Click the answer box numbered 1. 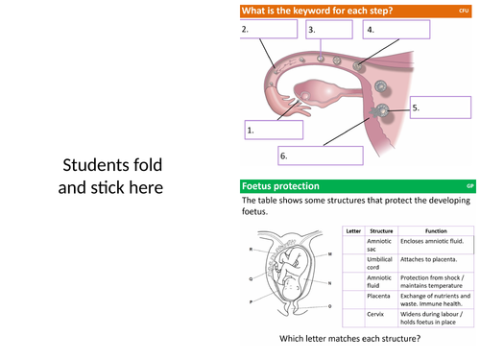coord(274,131)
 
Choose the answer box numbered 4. coord(395,30)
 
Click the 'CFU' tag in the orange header coord(465,11)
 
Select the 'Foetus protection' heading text coord(280,185)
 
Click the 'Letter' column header coord(353,231)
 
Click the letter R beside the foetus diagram coord(252,249)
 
